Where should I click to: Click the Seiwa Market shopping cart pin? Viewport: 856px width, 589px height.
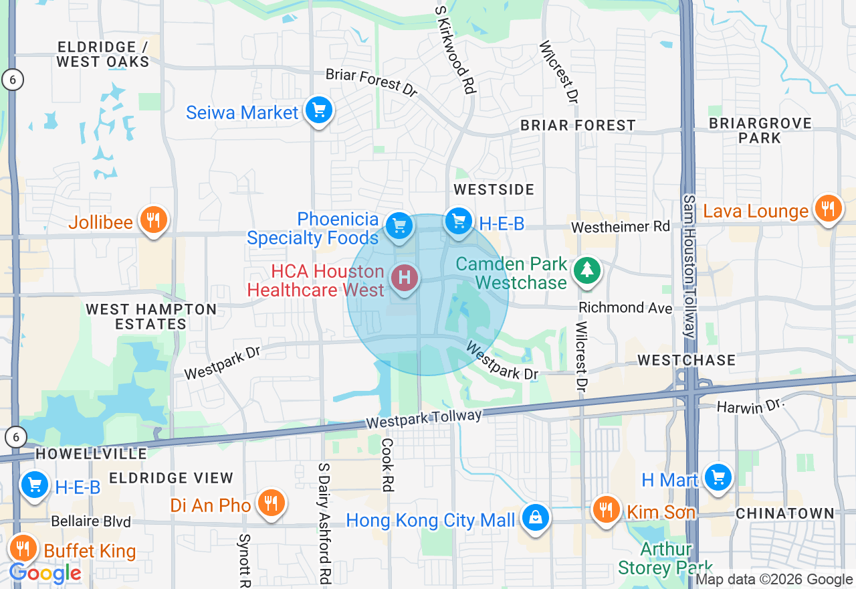coord(319,110)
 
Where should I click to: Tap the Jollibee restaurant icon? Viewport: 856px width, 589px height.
coord(153,220)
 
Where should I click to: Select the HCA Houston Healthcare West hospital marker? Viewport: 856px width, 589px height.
coord(404,277)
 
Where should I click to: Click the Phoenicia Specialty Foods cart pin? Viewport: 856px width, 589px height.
coord(399,226)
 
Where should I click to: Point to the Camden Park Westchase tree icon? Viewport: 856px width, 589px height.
coord(586,270)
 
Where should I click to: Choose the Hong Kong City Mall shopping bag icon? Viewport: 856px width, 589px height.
coord(536,517)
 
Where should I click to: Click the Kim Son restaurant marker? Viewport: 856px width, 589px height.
coord(606,509)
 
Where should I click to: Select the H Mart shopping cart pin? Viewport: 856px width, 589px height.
coord(718,477)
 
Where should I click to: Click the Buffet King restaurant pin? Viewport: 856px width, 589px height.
coord(23,549)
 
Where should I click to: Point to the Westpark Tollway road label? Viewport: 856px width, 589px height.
coord(424,420)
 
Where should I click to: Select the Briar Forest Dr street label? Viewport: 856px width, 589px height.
coord(372,82)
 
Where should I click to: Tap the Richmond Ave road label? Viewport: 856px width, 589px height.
coord(625,308)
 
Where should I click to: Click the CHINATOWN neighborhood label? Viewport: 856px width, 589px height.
coord(784,513)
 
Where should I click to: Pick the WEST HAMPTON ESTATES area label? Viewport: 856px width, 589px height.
coord(151,317)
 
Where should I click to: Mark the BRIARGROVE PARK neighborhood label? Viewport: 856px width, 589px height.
coord(760,131)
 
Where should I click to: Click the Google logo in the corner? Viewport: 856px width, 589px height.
coord(45,573)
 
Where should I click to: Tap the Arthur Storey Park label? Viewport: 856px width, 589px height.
coord(665,559)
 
